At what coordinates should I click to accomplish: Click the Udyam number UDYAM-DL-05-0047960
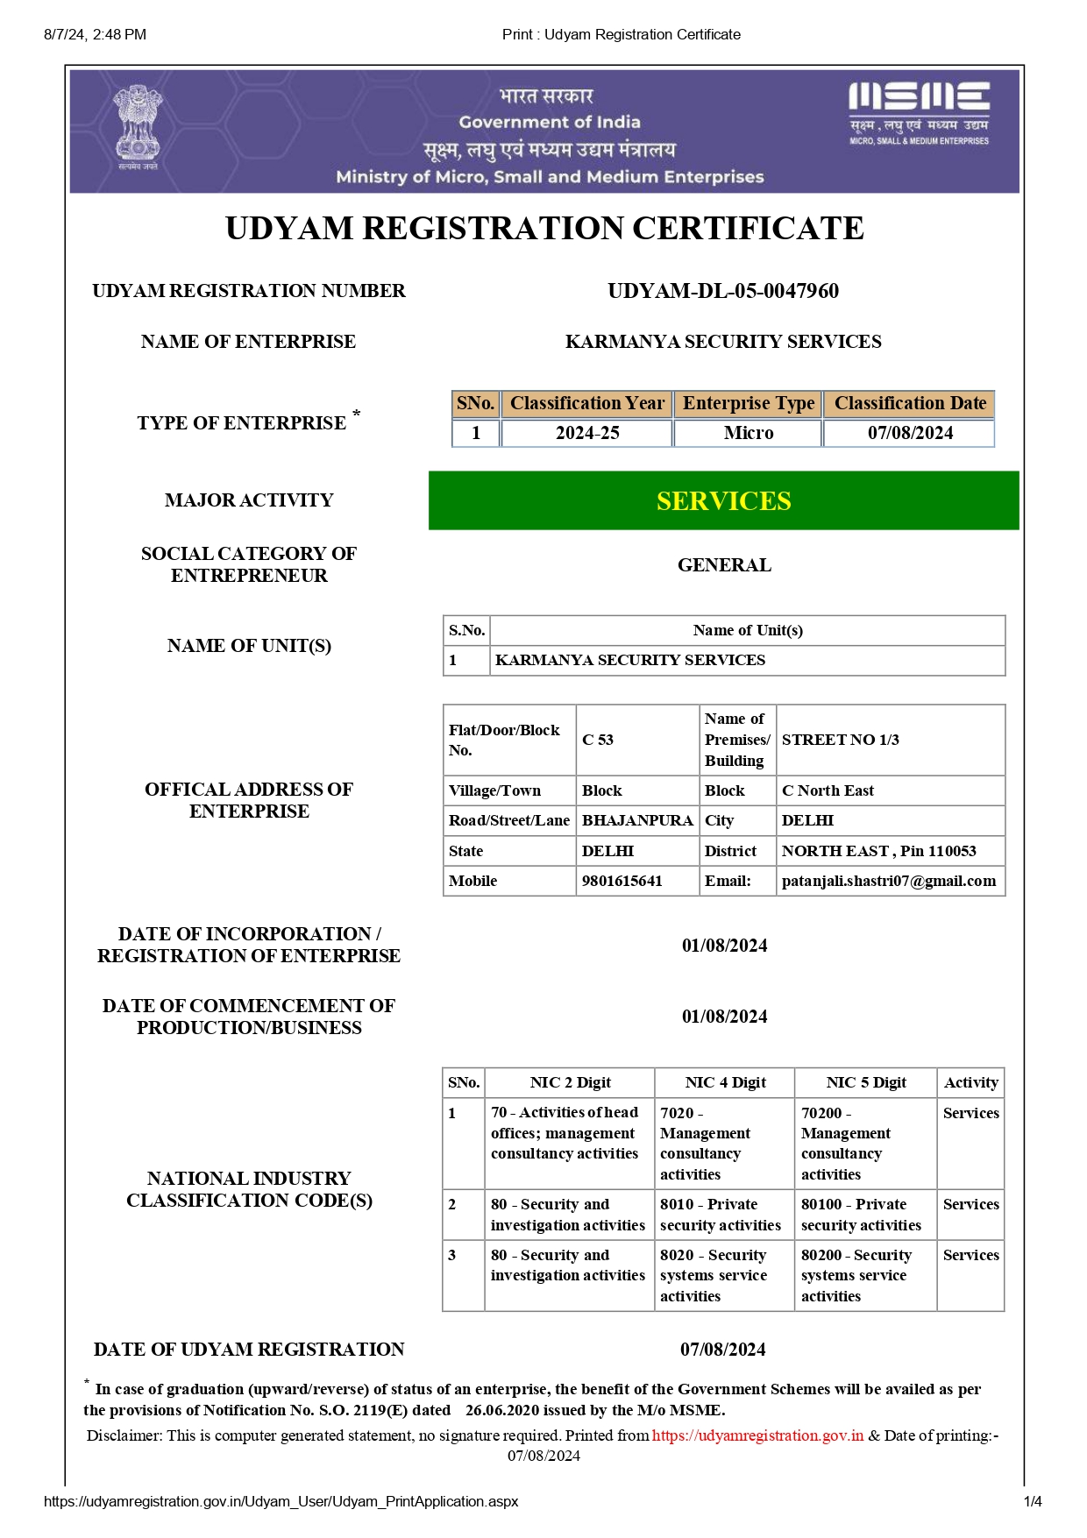point(723,291)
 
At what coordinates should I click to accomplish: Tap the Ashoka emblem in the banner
point(138,127)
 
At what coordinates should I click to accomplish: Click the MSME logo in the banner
point(919,111)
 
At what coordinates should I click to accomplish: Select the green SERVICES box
point(723,500)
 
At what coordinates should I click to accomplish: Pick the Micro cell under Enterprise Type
point(749,433)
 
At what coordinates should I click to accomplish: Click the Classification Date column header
point(910,403)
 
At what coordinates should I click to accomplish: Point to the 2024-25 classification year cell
point(587,433)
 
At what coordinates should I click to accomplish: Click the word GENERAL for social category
point(724,565)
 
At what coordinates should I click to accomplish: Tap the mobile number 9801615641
point(622,881)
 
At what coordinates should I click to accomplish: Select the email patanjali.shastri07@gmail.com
point(889,881)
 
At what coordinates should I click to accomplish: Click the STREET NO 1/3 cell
point(841,740)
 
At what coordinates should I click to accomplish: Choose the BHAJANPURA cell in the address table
point(637,820)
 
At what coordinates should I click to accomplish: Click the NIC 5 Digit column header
point(866,1082)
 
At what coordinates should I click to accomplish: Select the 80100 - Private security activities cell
point(861,1215)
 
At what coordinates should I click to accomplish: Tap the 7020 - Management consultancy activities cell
point(705,1144)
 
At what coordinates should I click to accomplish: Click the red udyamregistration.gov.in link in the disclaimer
point(757,1435)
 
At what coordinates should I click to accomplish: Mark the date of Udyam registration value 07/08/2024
point(723,1350)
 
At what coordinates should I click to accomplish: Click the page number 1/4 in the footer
point(1033,1501)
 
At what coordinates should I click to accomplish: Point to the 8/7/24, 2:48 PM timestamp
point(95,34)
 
